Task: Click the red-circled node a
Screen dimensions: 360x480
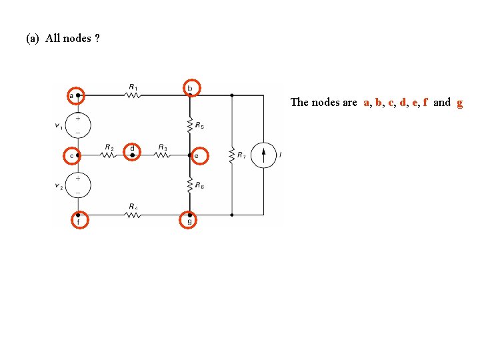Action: point(77,95)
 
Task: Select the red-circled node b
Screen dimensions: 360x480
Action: point(190,88)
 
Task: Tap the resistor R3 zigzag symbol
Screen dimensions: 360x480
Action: point(162,155)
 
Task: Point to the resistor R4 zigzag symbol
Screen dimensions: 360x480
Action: point(133,215)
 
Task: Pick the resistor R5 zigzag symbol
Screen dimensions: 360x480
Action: point(190,125)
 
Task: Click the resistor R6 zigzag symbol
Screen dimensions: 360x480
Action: point(190,185)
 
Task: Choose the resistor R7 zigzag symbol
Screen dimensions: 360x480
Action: point(231,155)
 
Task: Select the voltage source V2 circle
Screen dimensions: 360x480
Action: point(78,185)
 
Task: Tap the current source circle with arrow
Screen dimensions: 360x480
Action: point(263,155)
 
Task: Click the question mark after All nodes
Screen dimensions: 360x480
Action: point(97,38)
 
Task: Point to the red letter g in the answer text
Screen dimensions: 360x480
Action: point(459,103)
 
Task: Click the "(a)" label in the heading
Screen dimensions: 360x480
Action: point(33,38)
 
